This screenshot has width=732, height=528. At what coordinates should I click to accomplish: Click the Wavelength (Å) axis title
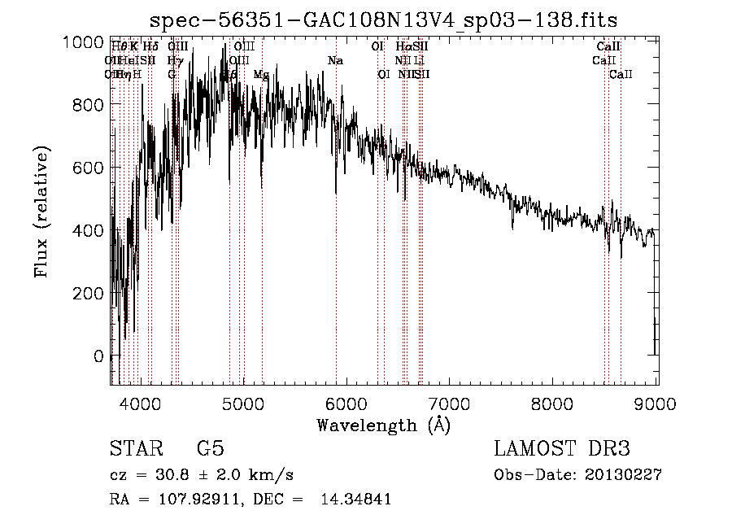(383, 425)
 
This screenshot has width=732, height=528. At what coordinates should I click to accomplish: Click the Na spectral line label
(335, 61)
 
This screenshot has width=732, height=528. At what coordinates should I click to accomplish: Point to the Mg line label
(261, 75)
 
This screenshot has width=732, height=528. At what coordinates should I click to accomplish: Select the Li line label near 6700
(418, 61)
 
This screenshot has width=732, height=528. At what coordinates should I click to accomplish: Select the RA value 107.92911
(201, 500)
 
